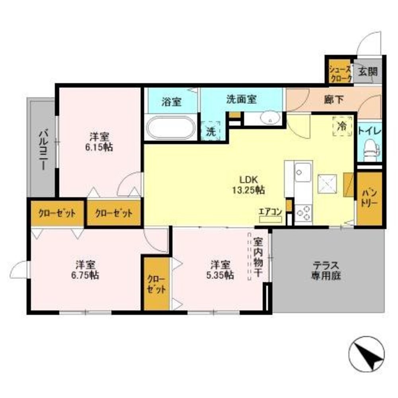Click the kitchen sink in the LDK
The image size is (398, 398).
click(303, 172)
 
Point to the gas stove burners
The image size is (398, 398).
click(303, 212)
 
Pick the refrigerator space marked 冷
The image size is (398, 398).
click(342, 126)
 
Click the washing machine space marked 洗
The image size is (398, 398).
click(209, 130)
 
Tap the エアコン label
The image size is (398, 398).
click(270, 212)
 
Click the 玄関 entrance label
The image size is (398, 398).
click(367, 72)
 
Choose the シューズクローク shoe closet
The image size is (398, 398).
click(339, 73)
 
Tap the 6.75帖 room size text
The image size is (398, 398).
click(88, 275)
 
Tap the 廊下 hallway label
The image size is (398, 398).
click(334, 100)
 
